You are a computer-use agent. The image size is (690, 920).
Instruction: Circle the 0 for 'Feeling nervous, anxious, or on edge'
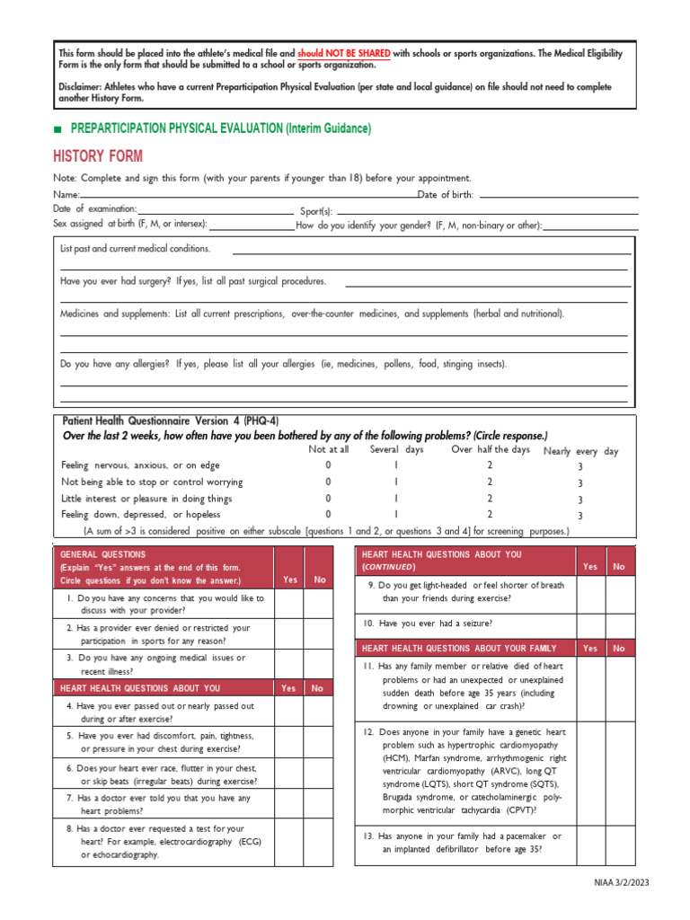coord(328,465)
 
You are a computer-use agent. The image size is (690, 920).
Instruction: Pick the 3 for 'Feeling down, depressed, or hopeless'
coord(580,516)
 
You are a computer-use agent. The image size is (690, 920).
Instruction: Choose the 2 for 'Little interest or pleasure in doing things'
coord(490,499)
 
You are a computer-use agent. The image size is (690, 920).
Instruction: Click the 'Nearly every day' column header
coord(580,451)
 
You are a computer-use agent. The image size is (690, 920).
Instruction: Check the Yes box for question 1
coord(289,604)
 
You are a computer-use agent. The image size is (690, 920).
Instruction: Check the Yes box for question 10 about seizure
coord(590,623)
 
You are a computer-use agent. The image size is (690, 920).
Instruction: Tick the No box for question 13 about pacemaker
coord(618,843)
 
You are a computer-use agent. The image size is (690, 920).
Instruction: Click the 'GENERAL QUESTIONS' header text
coord(102,554)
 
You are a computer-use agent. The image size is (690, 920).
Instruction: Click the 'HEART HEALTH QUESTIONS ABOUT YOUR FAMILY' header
coord(459,648)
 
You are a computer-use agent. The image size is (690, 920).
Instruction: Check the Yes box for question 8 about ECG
coord(289,842)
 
